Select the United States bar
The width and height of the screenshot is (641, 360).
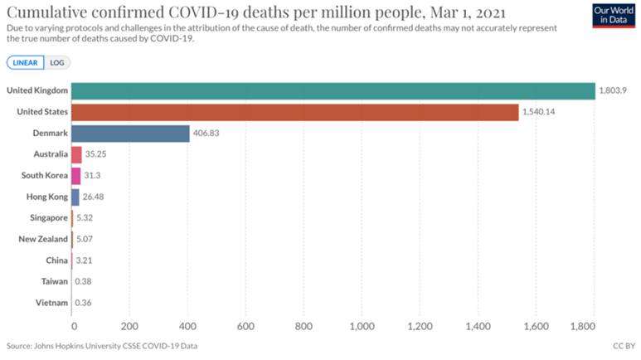click(x=294, y=112)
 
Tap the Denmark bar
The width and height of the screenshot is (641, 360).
click(x=130, y=134)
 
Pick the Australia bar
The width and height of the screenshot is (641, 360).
click(x=76, y=154)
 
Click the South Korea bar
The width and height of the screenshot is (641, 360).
click(x=75, y=176)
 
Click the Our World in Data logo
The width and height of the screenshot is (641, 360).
click(x=614, y=16)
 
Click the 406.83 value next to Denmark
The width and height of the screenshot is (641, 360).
click(x=207, y=134)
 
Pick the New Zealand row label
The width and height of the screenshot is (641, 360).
click(x=42, y=239)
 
